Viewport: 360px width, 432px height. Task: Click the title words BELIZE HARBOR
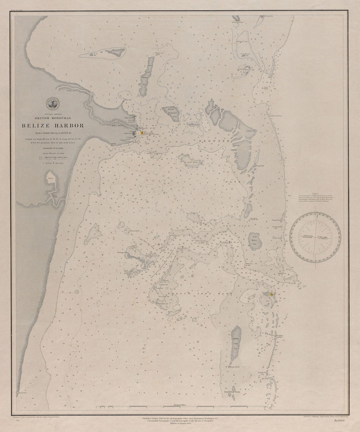point(53,126)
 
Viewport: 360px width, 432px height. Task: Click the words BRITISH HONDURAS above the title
point(53,118)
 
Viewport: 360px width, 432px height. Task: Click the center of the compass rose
point(315,237)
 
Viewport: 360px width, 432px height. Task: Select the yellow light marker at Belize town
point(141,133)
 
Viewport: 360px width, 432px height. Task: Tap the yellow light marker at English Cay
point(272,294)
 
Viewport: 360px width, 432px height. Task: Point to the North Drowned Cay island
point(171,114)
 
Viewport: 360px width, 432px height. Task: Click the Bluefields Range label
point(232,392)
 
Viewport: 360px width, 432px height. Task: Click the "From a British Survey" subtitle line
point(53,132)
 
